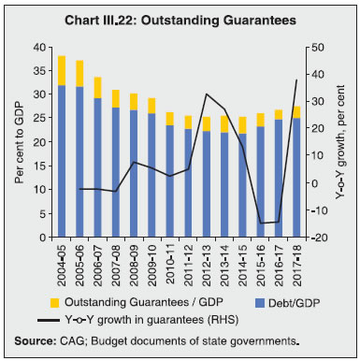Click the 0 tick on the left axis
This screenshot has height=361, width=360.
[x=41, y=238]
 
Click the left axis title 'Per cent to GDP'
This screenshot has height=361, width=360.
[x=18, y=141]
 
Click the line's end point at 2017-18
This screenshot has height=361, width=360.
[x=295, y=79]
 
